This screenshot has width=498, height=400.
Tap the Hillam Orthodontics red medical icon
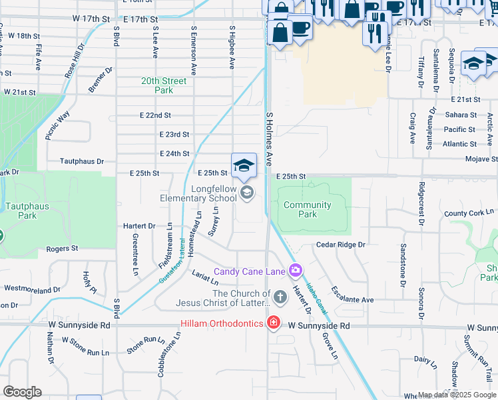(x=272, y=323)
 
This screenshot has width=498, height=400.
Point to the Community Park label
(x=308, y=209)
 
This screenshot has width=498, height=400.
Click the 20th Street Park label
(x=164, y=85)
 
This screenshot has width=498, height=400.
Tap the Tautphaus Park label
(x=27, y=211)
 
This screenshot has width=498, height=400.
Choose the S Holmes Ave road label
(x=270, y=139)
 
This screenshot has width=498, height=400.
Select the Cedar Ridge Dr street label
(x=341, y=245)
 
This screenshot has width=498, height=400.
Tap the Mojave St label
(x=481, y=159)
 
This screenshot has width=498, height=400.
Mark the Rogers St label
(x=62, y=249)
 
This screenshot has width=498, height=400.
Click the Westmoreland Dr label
(x=31, y=289)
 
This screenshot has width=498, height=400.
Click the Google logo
(x=23, y=392)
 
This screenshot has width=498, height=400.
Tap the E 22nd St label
(x=155, y=115)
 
